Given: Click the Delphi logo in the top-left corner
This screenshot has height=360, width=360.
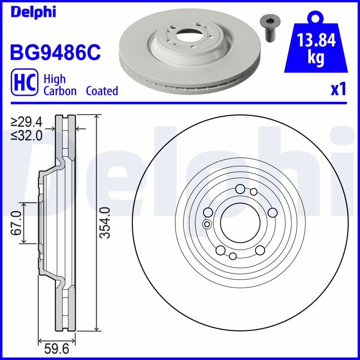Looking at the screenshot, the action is coord(33,12).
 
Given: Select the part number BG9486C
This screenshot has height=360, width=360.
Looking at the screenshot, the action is coord(55,53).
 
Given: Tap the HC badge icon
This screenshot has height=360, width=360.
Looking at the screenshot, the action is coord(25,82).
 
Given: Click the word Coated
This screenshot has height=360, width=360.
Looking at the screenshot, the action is coord(102,91).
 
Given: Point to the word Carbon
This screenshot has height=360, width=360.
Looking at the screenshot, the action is coord(60,91).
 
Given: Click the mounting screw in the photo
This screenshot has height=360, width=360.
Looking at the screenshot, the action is coord(268,30).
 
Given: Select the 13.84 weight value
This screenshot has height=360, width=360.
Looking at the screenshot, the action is coord(316,40).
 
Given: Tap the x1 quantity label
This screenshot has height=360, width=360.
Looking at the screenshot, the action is coord(338,90).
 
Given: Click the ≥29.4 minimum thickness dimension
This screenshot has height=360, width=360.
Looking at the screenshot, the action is coord(27,122).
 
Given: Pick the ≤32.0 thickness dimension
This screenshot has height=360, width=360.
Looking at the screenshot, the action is coord(27,136).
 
